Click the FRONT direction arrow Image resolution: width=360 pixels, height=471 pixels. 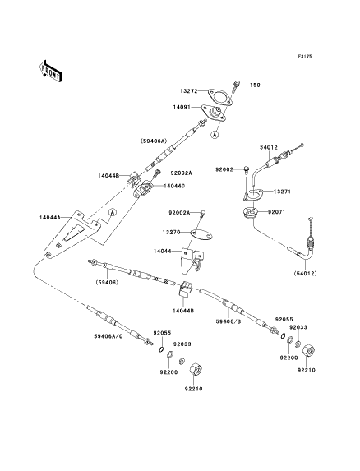tap(50, 71)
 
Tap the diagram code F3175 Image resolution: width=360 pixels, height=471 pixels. tap(305, 56)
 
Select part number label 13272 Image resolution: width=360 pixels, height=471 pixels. tap(189, 90)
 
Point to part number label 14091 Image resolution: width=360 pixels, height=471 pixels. tap(182, 107)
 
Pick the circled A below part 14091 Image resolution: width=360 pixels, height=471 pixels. tap(215, 135)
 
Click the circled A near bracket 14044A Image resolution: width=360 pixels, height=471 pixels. tap(113, 212)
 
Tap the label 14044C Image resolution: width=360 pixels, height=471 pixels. tap(174, 187)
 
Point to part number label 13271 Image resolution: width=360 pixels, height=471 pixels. tap(281, 192)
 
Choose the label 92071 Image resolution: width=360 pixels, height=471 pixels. tap(276, 212)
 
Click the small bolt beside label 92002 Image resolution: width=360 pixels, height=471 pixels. tap(247, 169)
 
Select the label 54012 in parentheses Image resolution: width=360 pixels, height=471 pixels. tap(305, 274)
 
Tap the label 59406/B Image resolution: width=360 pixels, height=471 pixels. tap(228, 321)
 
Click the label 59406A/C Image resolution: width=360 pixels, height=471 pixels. tap(108, 336)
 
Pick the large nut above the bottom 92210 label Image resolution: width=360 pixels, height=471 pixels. tap(196, 369)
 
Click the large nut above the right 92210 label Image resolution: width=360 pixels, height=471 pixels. tap(308, 350)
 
